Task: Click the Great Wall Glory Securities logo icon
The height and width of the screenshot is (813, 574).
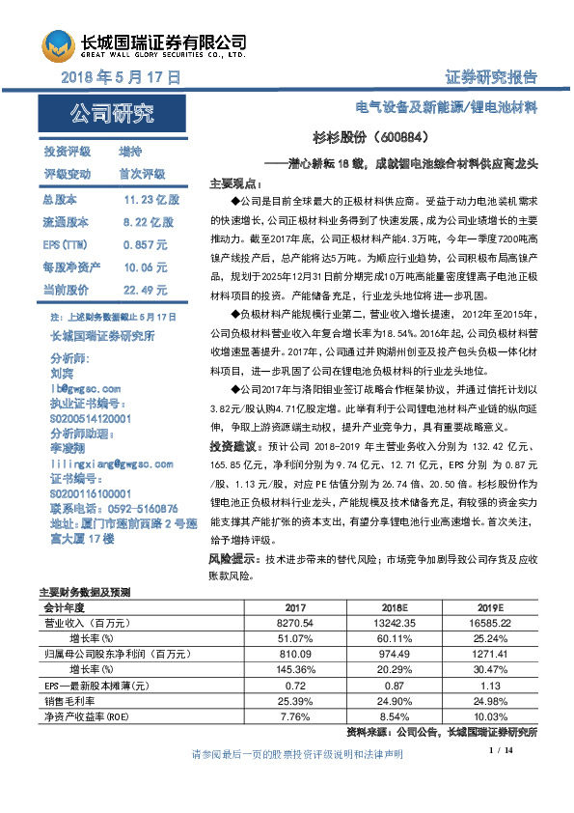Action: click(x=57, y=44)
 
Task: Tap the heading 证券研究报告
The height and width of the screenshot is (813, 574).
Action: click(x=491, y=77)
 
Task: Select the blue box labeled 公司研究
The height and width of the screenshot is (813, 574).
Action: click(x=111, y=115)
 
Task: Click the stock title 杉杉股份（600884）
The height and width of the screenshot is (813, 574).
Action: click(x=377, y=138)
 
